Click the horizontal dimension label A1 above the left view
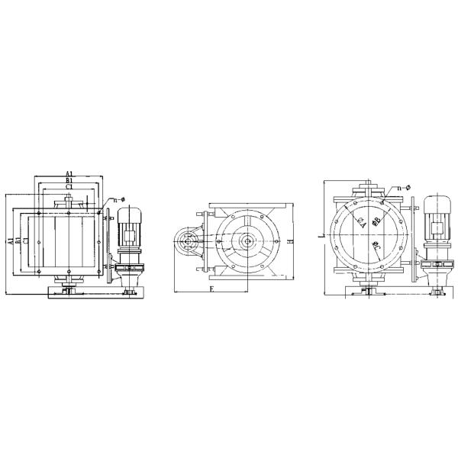(x=69, y=173)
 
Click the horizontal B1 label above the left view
(x=69, y=180)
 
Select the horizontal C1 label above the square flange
(x=69, y=187)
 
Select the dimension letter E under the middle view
(x=211, y=291)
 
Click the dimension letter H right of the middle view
(x=291, y=240)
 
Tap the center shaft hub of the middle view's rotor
(x=248, y=243)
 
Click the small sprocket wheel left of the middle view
(x=187, y=244)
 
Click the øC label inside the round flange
(x=374, y=247)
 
